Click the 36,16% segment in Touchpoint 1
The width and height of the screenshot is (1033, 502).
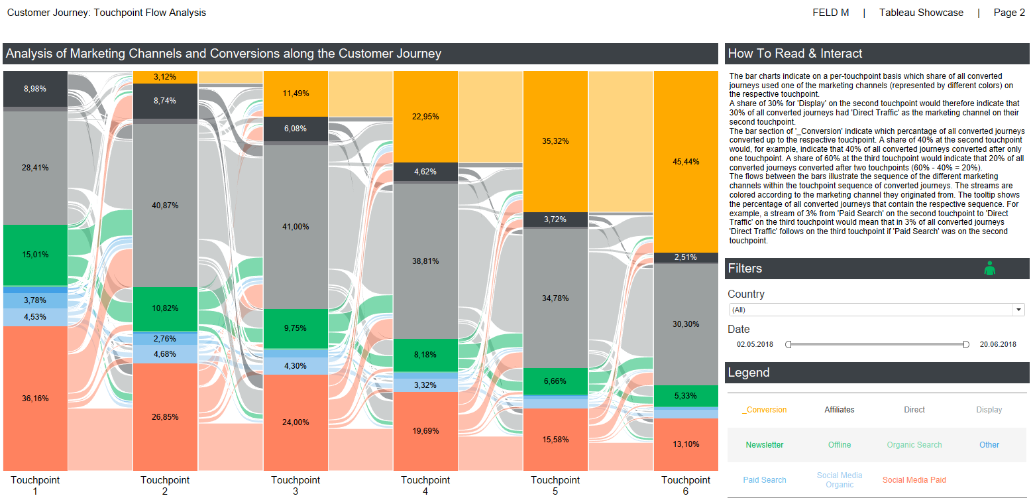[35, 398]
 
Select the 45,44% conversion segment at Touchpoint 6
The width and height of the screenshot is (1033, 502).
[686, 161]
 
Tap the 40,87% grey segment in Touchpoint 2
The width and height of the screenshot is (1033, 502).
[165, 206]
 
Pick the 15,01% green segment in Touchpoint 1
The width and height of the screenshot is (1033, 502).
[35, 255]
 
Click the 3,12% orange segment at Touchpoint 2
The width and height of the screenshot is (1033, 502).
[165, 77]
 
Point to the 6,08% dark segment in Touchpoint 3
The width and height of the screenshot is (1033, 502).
[295, 129]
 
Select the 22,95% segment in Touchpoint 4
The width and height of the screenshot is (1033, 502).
[425, 117]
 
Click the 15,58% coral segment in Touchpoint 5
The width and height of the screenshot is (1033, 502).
[555, 440]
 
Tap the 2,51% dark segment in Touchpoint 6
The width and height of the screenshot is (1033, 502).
[686, 257]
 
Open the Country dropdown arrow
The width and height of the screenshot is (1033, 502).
[1018, 310]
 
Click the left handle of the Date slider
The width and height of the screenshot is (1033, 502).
[788, 344]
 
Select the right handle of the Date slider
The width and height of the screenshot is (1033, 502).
[966, 344]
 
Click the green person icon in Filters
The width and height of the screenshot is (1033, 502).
[990, 268]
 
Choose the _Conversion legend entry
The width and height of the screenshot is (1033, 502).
[765, 410]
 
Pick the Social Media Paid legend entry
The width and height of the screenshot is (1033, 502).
[914, 480]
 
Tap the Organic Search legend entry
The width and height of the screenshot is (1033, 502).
[914, 445]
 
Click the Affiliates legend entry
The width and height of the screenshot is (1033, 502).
[839, 410]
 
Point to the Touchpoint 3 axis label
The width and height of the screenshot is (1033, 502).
[295, 485]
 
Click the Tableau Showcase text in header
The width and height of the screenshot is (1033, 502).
[921, 13]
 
